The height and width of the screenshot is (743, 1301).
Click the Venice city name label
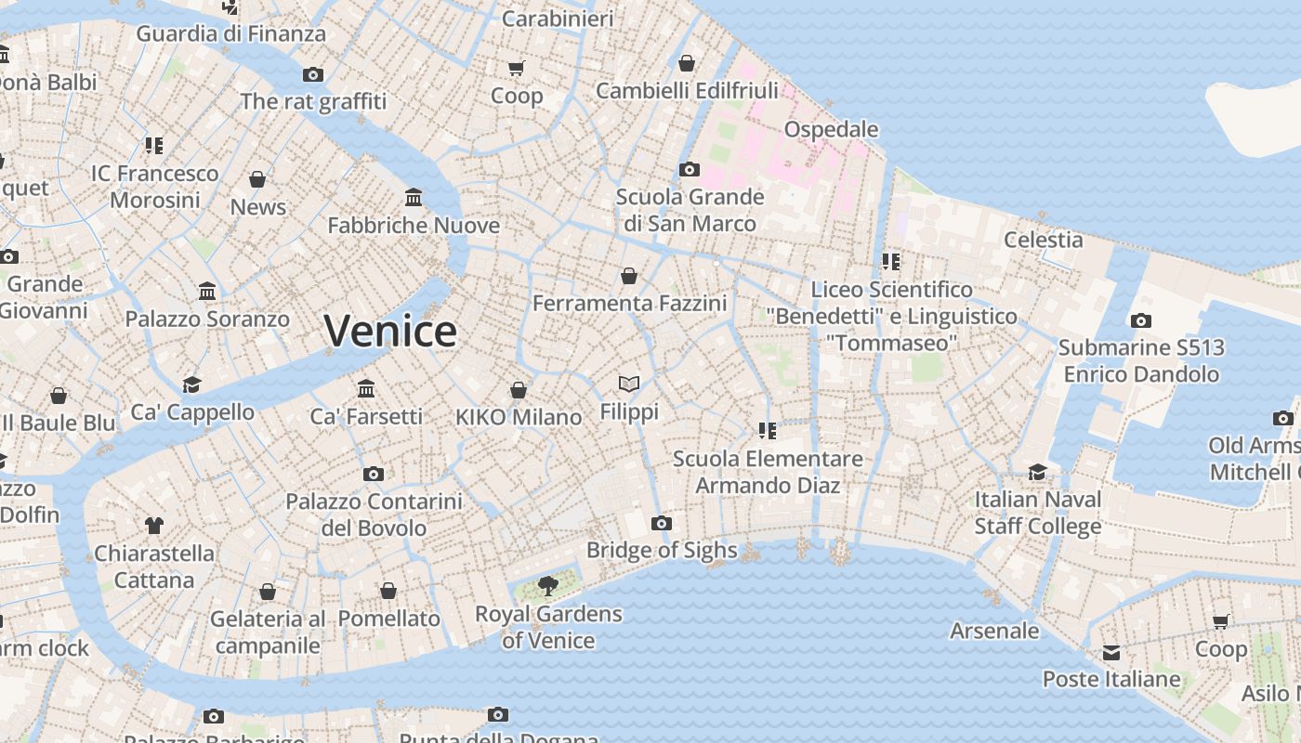point(390,332)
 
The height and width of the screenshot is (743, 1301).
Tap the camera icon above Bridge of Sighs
point(662,523)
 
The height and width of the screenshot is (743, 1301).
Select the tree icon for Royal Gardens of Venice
point(548,585)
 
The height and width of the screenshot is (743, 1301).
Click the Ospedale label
point(831,129)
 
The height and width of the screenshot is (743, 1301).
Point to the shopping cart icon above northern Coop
point(517,68)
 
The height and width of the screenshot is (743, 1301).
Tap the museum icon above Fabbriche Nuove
point(414,197)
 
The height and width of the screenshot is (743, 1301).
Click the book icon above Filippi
point(629,384)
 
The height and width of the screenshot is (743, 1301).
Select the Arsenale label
point(994,631)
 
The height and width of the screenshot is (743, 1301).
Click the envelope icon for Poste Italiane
point(1111,652)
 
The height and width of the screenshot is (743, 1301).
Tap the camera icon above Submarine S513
point(1141,320)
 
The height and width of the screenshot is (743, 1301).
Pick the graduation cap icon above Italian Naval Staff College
point(1038,472)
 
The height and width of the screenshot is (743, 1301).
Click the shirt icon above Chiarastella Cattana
point(154,526)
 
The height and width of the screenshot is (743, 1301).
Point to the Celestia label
point(1044,240)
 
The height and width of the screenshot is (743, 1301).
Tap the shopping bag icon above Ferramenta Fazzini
point(629,276)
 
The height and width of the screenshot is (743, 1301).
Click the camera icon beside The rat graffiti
point(313,74)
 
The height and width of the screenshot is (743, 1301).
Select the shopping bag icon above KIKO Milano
point(519,390)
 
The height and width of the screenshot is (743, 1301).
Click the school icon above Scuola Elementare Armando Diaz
point(768,430)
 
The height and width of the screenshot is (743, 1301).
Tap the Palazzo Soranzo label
point(207,319)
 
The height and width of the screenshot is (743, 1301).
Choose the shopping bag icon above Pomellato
point(388,591)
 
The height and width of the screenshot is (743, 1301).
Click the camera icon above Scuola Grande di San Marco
point(689,169)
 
